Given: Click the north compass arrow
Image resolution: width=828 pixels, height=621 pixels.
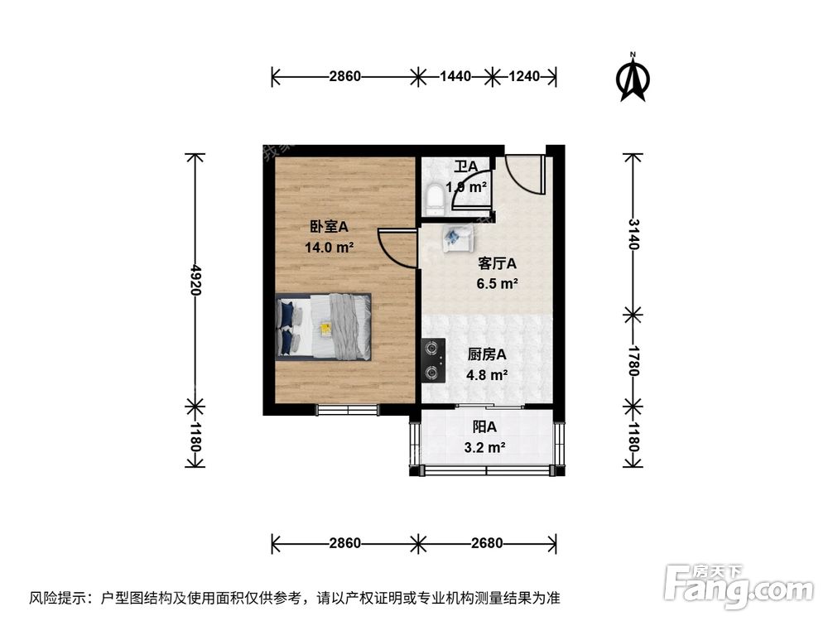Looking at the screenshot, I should (x=635, y=79).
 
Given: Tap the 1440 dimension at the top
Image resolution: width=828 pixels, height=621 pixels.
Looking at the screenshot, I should (x=455, y=77).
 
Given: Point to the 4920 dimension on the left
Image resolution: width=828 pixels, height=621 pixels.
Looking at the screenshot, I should (x=195, y=280).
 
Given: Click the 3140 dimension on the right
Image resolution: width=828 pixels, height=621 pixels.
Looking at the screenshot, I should (x=633, y=234).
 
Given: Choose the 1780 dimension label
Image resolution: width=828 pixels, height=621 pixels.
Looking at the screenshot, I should (x=633, y=360).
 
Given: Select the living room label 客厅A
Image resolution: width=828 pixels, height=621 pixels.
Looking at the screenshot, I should (x=498, y=264).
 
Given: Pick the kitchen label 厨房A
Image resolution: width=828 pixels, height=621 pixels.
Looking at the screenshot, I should (x=487, y=354).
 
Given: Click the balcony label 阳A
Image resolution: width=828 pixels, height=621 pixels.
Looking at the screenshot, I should (x=484, y=428).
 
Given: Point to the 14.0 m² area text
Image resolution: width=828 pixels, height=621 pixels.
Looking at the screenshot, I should (x=330, y=246).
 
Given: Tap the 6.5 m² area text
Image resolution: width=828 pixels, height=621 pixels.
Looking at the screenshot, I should (x=498, y=283).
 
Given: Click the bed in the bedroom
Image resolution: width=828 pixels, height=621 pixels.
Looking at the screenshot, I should (x=323, y=326).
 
